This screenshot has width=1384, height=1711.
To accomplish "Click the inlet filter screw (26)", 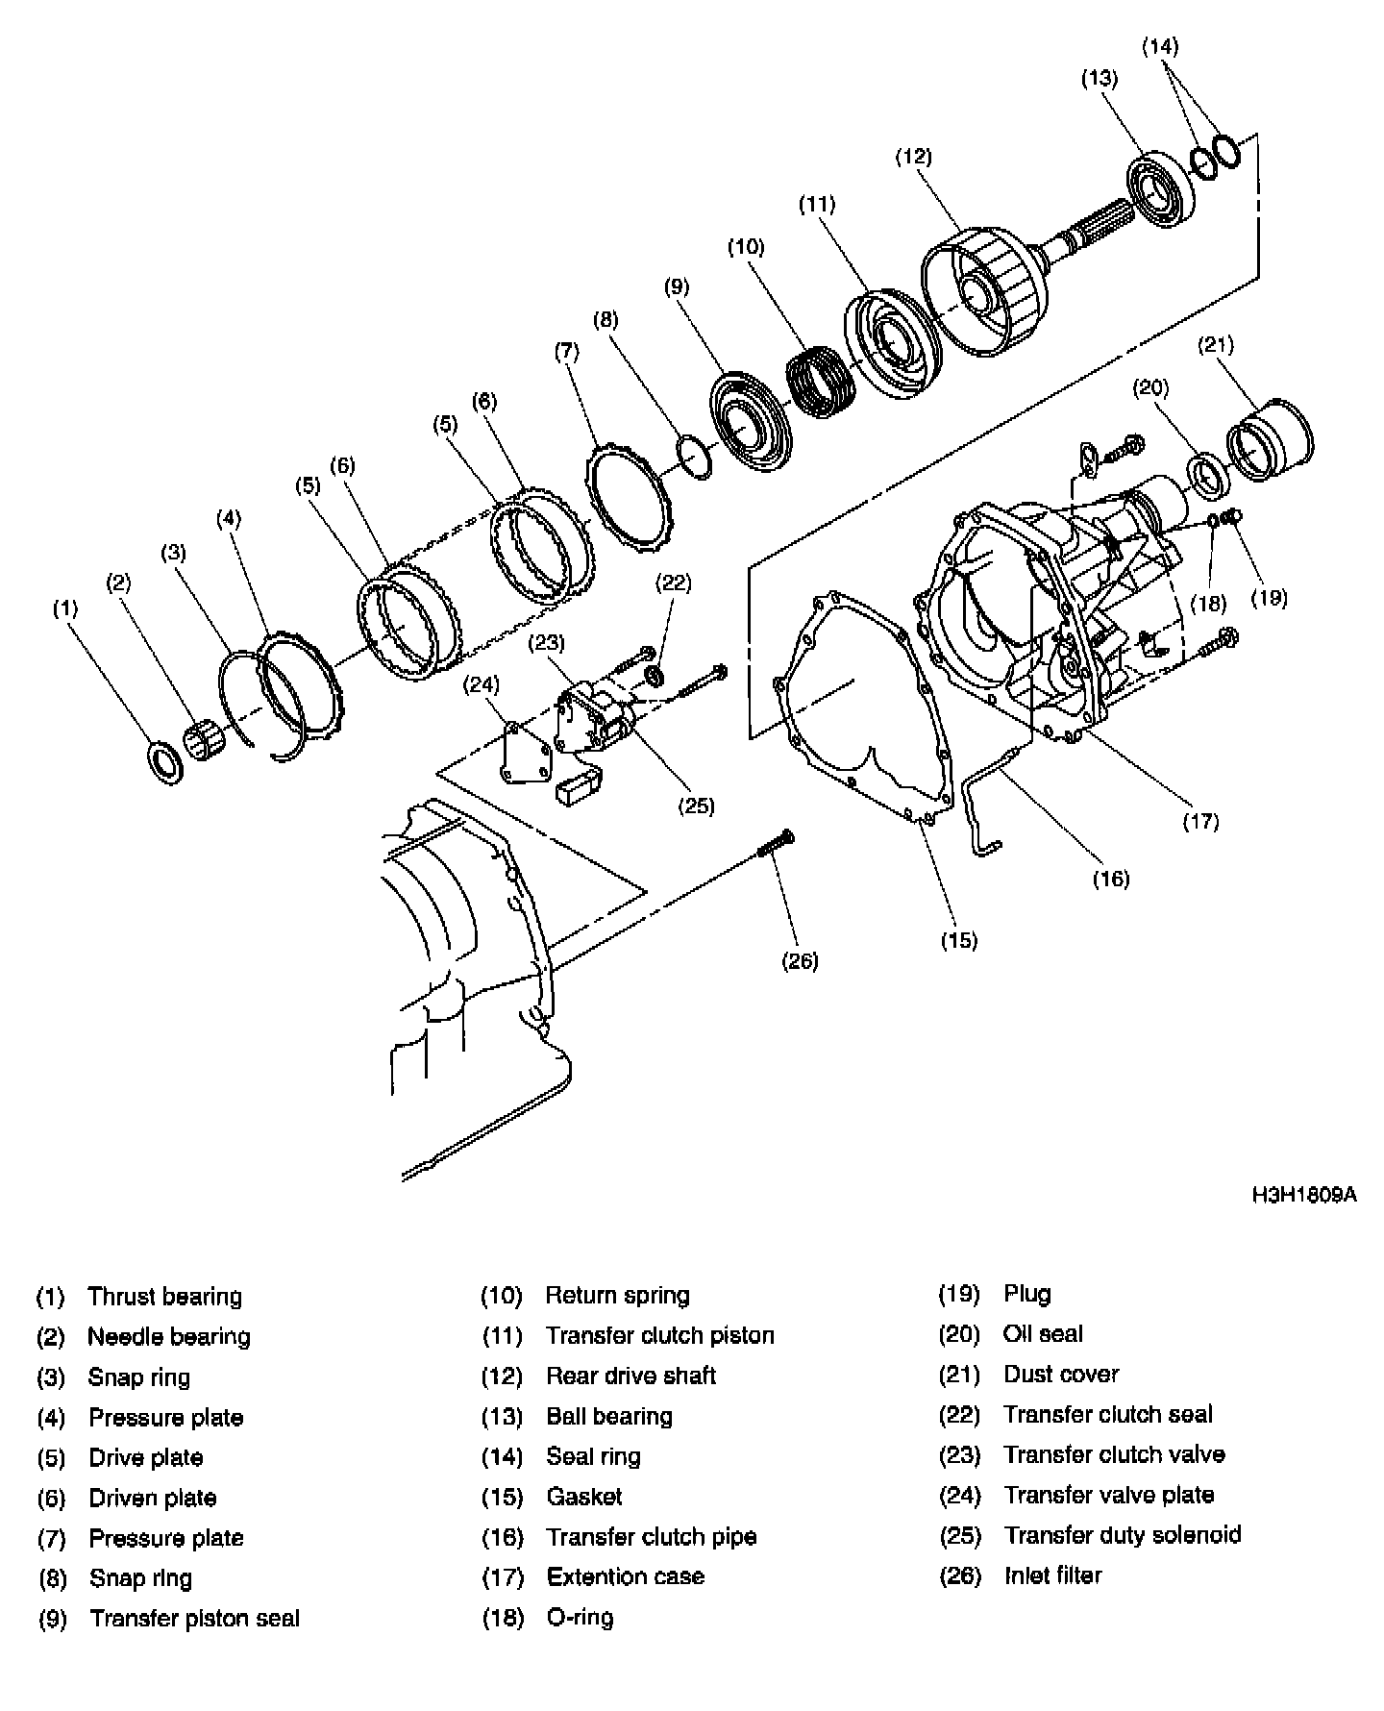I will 775,845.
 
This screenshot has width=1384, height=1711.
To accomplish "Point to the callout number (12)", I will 913,157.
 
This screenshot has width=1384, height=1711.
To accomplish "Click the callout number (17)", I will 1200,821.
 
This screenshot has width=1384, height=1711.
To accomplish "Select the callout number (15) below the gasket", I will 958,940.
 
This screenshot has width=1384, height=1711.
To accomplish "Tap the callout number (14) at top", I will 1160,46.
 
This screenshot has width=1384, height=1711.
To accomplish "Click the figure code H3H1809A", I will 1303,1196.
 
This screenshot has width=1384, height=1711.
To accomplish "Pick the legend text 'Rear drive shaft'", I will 630,1376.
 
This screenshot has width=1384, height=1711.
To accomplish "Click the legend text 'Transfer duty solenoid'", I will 1122,1535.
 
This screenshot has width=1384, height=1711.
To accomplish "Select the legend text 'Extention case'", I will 625,1576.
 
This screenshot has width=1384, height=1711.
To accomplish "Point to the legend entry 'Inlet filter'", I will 1052,1575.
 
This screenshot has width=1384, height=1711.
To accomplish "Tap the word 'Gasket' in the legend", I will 583,1497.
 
